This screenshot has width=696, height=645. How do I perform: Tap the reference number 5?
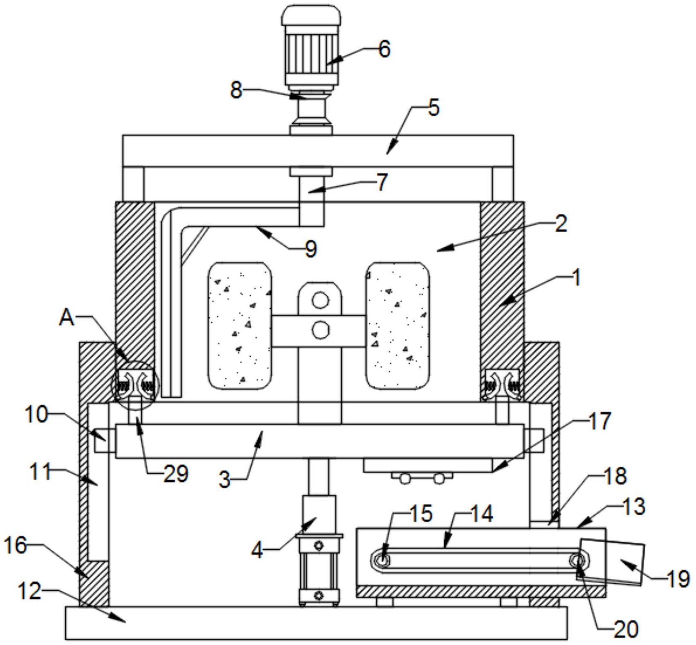[433, 108]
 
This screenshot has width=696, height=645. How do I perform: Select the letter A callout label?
[67, 317]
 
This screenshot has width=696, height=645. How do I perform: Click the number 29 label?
[176, 474]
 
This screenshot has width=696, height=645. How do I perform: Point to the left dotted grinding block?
[239, 326]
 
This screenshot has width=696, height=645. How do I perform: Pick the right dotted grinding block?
[398, 326]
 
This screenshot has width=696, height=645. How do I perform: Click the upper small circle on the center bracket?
[320, 301]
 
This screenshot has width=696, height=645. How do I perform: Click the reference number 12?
[30, 591]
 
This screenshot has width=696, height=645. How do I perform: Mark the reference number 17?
[600, 421]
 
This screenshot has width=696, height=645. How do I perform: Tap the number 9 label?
[311, 248]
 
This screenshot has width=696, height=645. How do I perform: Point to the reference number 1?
[576, 279]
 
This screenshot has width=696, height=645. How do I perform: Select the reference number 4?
[257, 550]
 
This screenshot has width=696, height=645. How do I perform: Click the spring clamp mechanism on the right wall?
[503, 384]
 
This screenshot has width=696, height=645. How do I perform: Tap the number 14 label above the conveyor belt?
[481, 514]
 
